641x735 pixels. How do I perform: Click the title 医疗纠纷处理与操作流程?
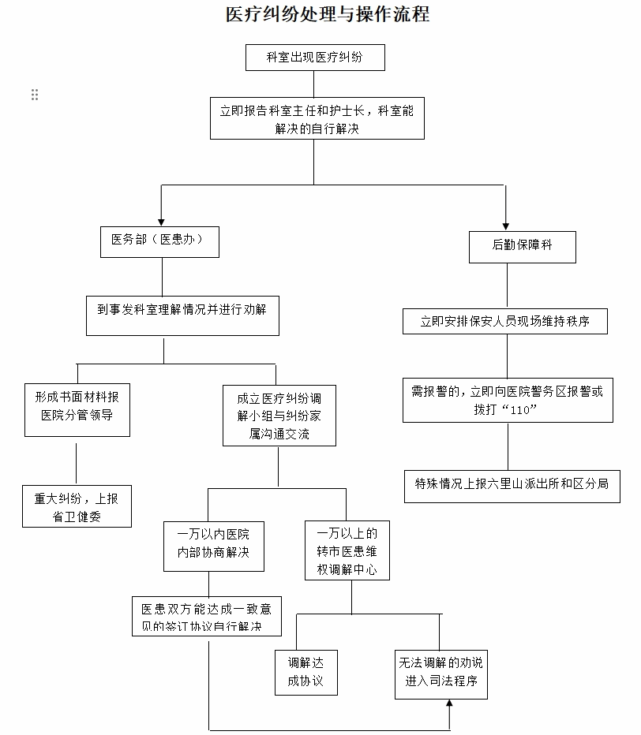pyautogui.click(x=327, y=15)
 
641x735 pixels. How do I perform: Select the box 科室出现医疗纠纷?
pyautogui.click(x=314, y=58)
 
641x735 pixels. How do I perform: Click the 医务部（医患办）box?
pyautogui.click(x=159, y=241)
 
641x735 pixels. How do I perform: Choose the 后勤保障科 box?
pyautogui.click(x=522, y=246)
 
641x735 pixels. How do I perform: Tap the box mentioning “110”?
pyautogui.click(x=507, y=401)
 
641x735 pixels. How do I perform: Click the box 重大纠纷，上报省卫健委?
pyautogui.click(x=76, y=506)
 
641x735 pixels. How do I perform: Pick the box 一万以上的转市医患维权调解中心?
pyautogui.click(x=347, y=550)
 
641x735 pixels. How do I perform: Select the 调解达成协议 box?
pyautogui.click(x=306, y=672)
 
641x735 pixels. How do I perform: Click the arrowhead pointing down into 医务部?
pyautogui.click(x=161, y=221)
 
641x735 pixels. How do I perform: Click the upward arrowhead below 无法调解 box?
pyautogui.click(x=449, y=707)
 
